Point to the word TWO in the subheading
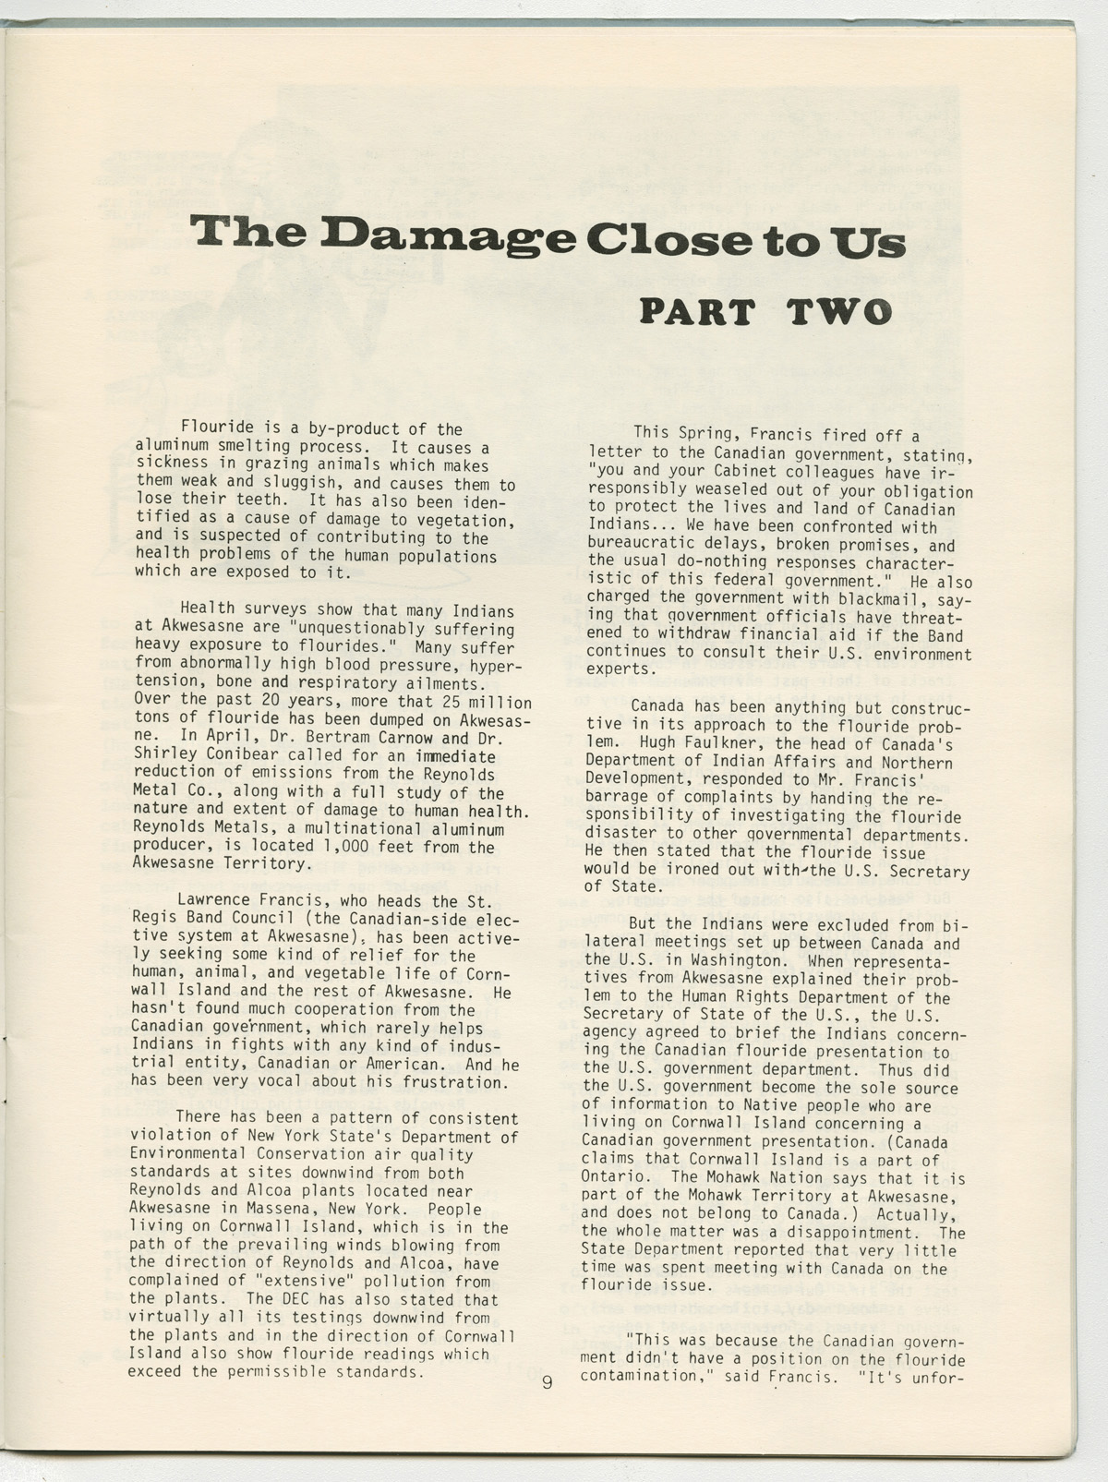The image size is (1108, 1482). click(x=839, y=312)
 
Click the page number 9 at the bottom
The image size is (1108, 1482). click(x=548, y=1382)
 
